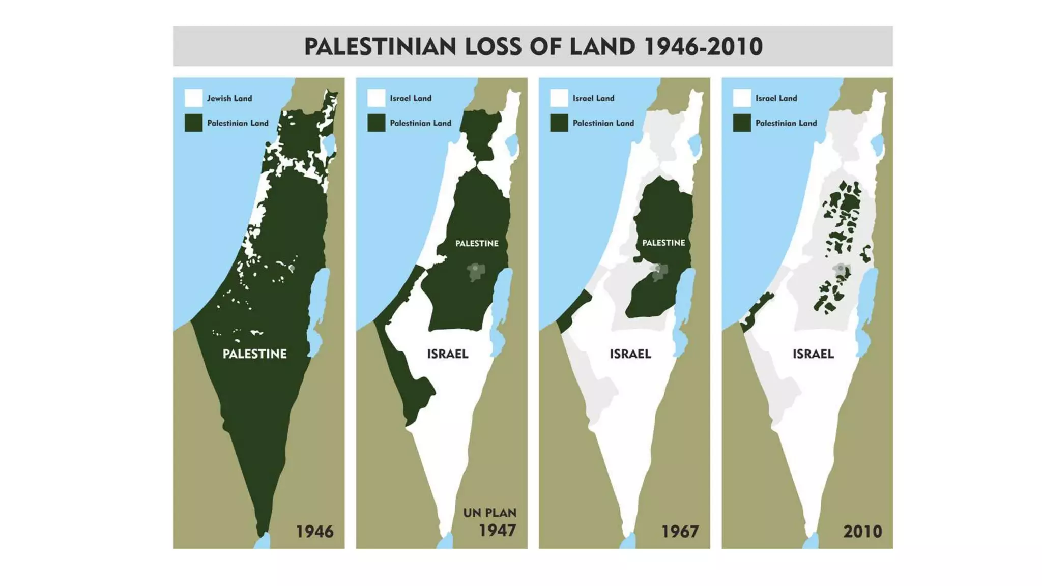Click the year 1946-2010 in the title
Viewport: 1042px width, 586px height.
pos(703,47)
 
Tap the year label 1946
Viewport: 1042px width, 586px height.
pos(314,532)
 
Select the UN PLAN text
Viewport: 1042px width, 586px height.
pos(489,513)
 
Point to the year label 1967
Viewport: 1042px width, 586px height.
pos(680,532)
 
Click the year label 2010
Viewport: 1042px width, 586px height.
pos(862,532)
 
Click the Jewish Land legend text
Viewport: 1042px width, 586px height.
pos(229,98)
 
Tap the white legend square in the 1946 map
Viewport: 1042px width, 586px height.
pos(193,98)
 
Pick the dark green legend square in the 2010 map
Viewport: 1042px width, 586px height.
pos(742,123)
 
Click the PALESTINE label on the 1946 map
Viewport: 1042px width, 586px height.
pos(254,354)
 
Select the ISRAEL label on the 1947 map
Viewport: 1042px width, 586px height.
pos(447,354)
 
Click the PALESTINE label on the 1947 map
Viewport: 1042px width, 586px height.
pos(477,244)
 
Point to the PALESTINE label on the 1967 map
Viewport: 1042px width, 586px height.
pos(663,243)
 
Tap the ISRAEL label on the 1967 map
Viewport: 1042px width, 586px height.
pos(630,354)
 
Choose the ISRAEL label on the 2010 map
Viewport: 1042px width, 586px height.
pos(813,354)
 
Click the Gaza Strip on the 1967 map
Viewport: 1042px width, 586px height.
pos(573,311)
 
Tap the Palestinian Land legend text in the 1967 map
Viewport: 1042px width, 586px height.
pos(603,123)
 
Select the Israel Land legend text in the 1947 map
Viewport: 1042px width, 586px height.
pos(410,98)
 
